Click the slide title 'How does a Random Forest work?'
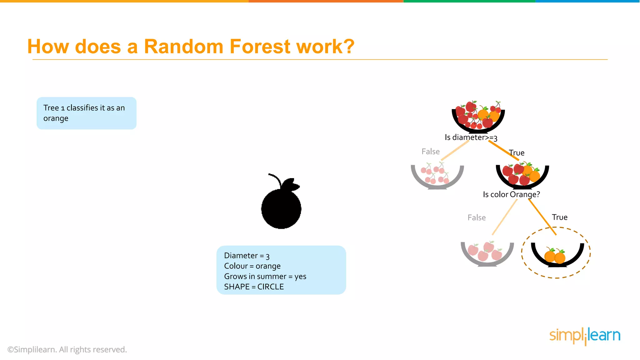[191, 47]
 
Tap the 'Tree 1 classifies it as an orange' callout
[86, 113]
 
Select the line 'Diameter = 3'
[247, 256]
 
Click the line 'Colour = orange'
[252, 266]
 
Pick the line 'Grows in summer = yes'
[265, 276]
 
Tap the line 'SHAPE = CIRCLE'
[254, 287]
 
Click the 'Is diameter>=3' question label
[471, 137]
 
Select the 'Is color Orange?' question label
[511, 194]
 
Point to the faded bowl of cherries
[437, 176]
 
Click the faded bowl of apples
[487, 253]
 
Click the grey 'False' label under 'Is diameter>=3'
[431, 152]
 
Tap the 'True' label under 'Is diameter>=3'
[517, 153]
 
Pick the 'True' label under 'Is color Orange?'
[559, 217]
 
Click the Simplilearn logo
[585, 336]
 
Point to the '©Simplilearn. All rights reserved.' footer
[67, 349]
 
